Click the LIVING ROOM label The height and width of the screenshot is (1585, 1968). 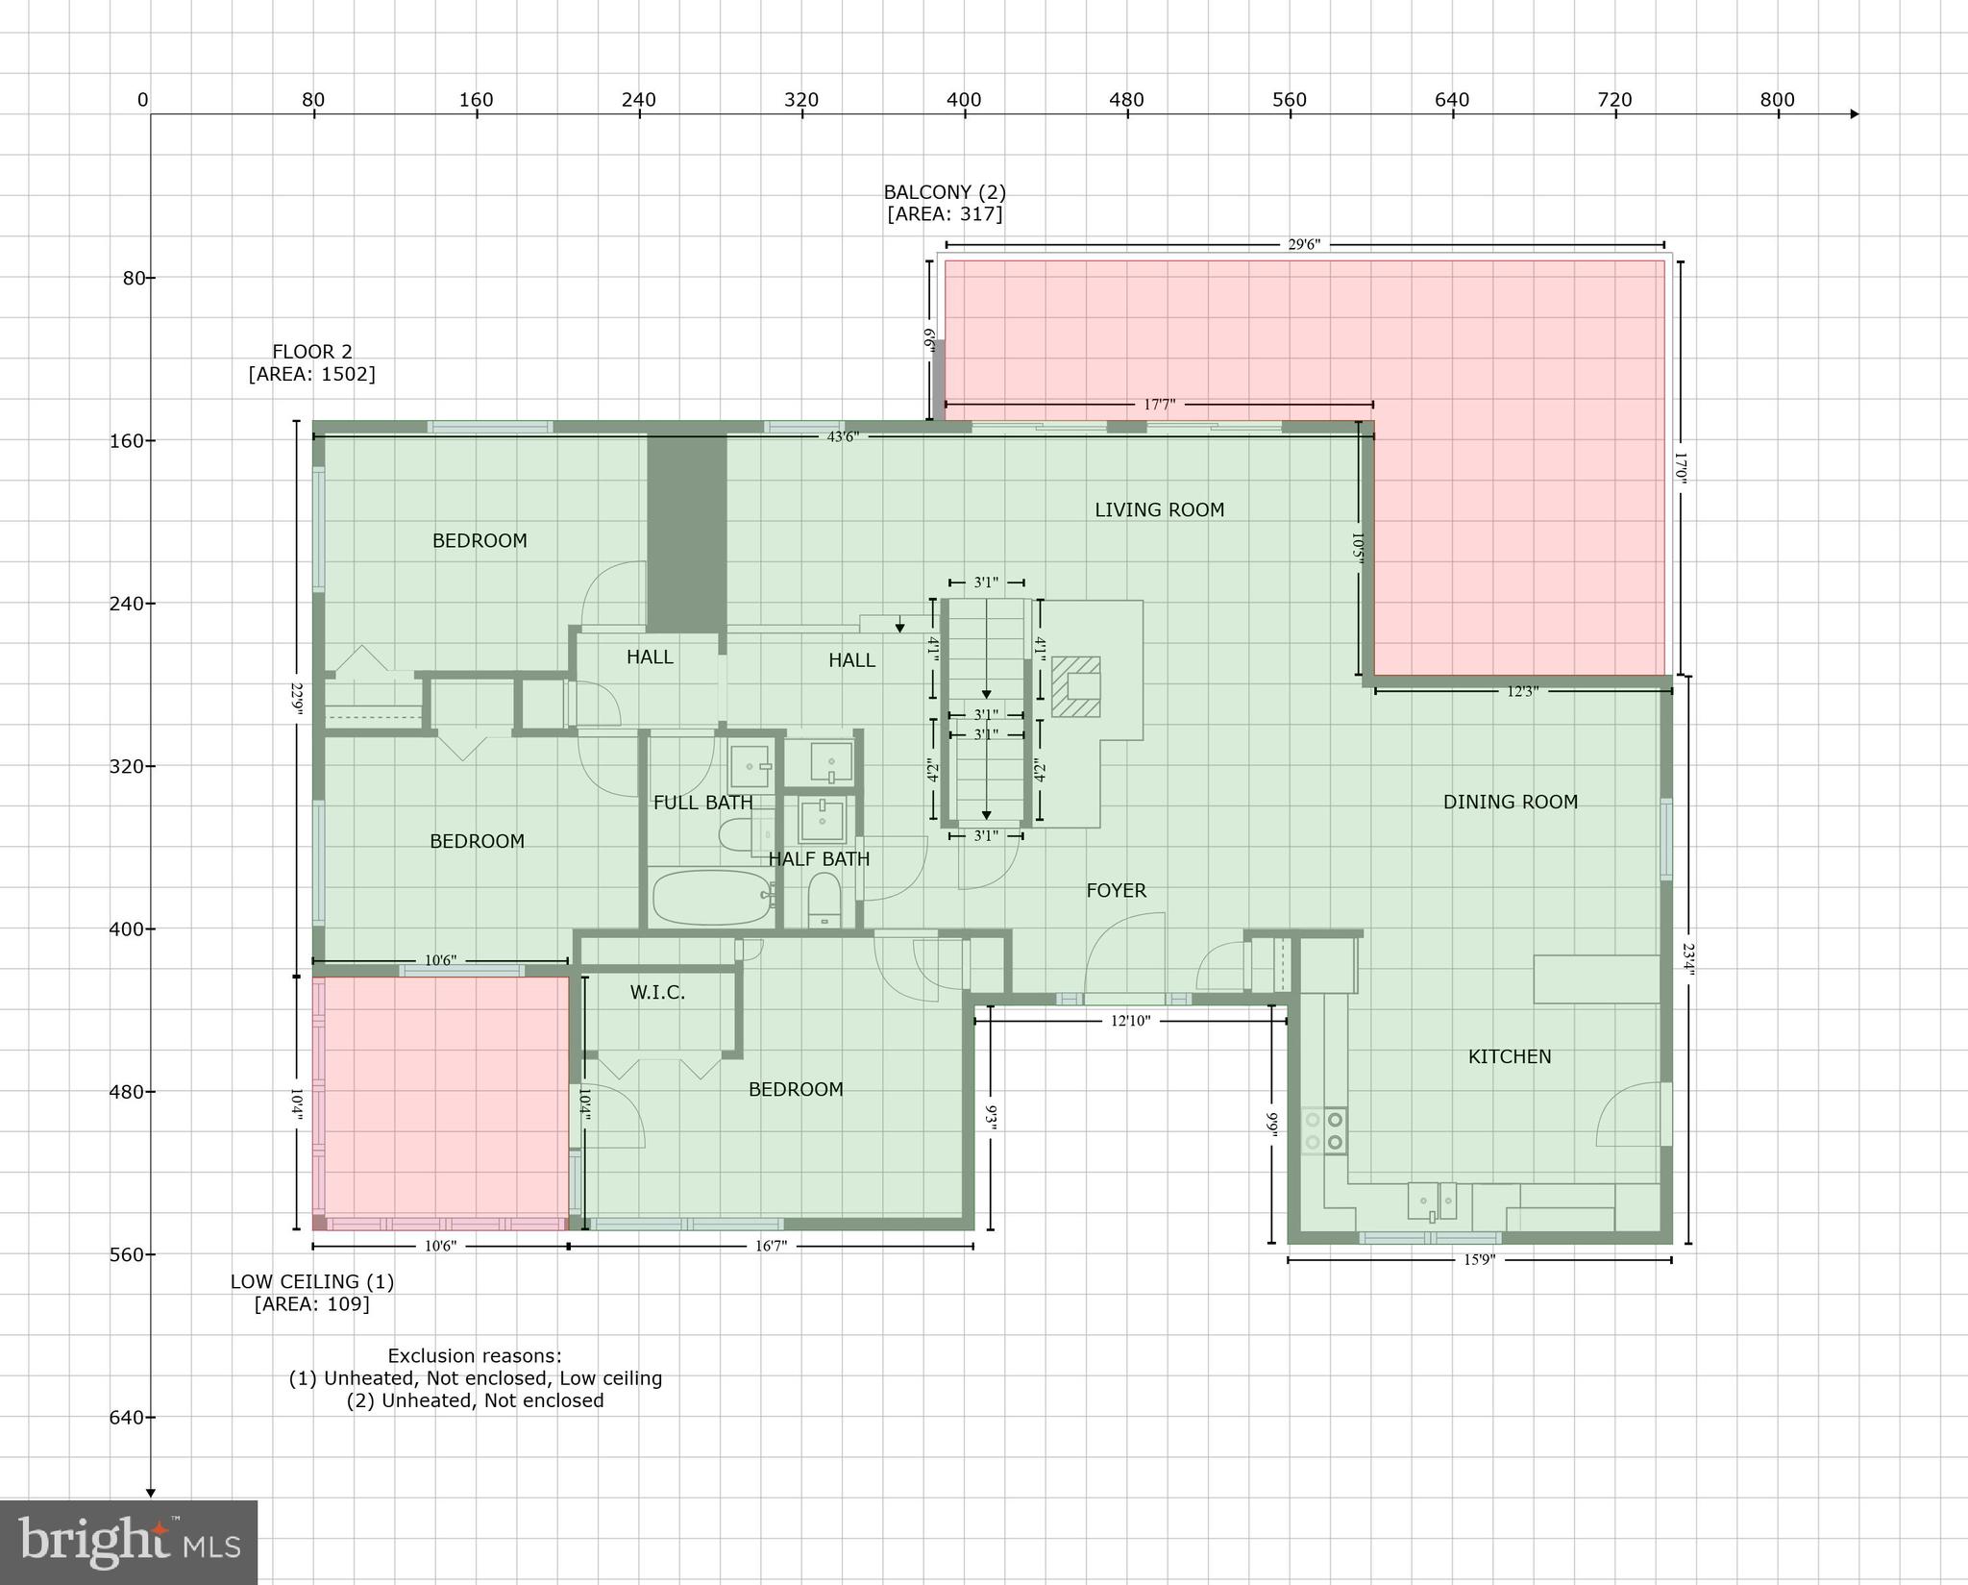[x=1159, y=510]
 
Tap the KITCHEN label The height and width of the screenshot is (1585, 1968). [x=1509, y=1057]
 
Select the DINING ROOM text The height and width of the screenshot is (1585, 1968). [x=1510, y=803]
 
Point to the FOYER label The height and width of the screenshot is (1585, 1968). [x=1116, y=891]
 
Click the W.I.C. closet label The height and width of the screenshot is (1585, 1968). [x=657, y=993]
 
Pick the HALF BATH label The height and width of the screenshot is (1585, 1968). [x=819, y=859]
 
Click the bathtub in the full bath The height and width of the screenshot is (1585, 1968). [x=712, y=897]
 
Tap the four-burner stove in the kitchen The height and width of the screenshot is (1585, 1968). [x=1323, y=1131]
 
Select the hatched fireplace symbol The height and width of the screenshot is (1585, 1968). [x=1075, y=686]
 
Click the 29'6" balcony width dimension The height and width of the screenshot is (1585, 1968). [x=1303, y=245]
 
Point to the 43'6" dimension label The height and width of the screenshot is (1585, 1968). [x=843, y=437]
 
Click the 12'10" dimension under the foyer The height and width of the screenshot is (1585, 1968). [x=1130, y=1021]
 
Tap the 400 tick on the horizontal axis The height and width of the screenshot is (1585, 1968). [x=964, y=101]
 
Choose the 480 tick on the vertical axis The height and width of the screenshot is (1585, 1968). [x=134, y=1092]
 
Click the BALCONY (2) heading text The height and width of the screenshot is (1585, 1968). [x=945, y=192]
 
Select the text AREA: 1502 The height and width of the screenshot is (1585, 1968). [x=311, y=374]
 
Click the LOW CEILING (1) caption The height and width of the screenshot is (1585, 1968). [x=311, y=1282]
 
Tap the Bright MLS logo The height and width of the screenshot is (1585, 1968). [x=129, y=1542]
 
